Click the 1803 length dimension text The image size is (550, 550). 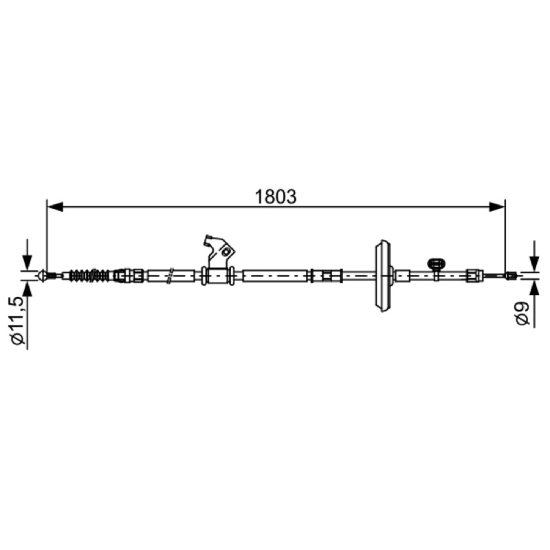coord(276,197)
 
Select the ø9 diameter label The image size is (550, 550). coord(522,314)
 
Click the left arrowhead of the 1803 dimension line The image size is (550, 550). coord(55,207)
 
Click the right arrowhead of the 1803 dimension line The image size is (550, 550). coord(496,207)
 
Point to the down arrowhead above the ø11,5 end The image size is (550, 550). coord(27,263)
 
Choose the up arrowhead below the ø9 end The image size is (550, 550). coord(534,288)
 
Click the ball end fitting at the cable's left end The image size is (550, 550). coord(42,276)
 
